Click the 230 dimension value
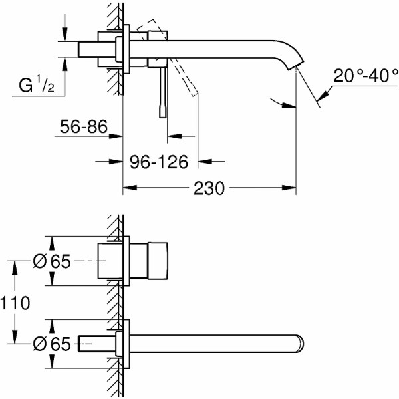pyautogui.click(x=209, y=188)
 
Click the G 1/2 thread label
pyautogui.click(x=37, y=86)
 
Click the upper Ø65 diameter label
pyautogui.click(x=52, y=262)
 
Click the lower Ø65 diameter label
pyautogui.click(x=52, y=344)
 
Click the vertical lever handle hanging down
pyautogui.click(x=160, y=93)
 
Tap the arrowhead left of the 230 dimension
pyautogui.click(x=128, y=188)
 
